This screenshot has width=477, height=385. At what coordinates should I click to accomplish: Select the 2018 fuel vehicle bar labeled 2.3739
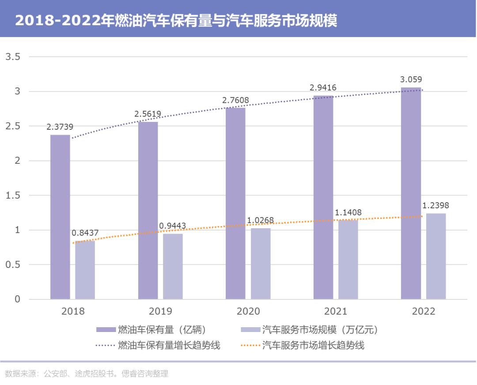[x=60, y=216]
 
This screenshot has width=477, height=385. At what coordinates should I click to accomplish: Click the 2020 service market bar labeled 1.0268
[x=261, y=264]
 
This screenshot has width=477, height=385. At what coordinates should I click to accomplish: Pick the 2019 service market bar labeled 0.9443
[x=173, y=266]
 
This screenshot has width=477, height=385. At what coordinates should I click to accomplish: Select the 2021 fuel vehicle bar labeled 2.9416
[x=323, y=197]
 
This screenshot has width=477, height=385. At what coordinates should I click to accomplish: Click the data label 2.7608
[x=235, y=100]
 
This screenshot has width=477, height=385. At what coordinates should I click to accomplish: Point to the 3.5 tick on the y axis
[x=12, y=57]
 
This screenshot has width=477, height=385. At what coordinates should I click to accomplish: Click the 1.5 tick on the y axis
[x=12, y=196]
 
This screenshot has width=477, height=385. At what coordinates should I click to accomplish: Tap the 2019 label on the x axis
[x=161, y=311]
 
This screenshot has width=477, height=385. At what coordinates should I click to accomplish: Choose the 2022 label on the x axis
[x=424, y=311]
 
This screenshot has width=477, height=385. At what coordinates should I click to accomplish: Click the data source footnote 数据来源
[x=87, y=374]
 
